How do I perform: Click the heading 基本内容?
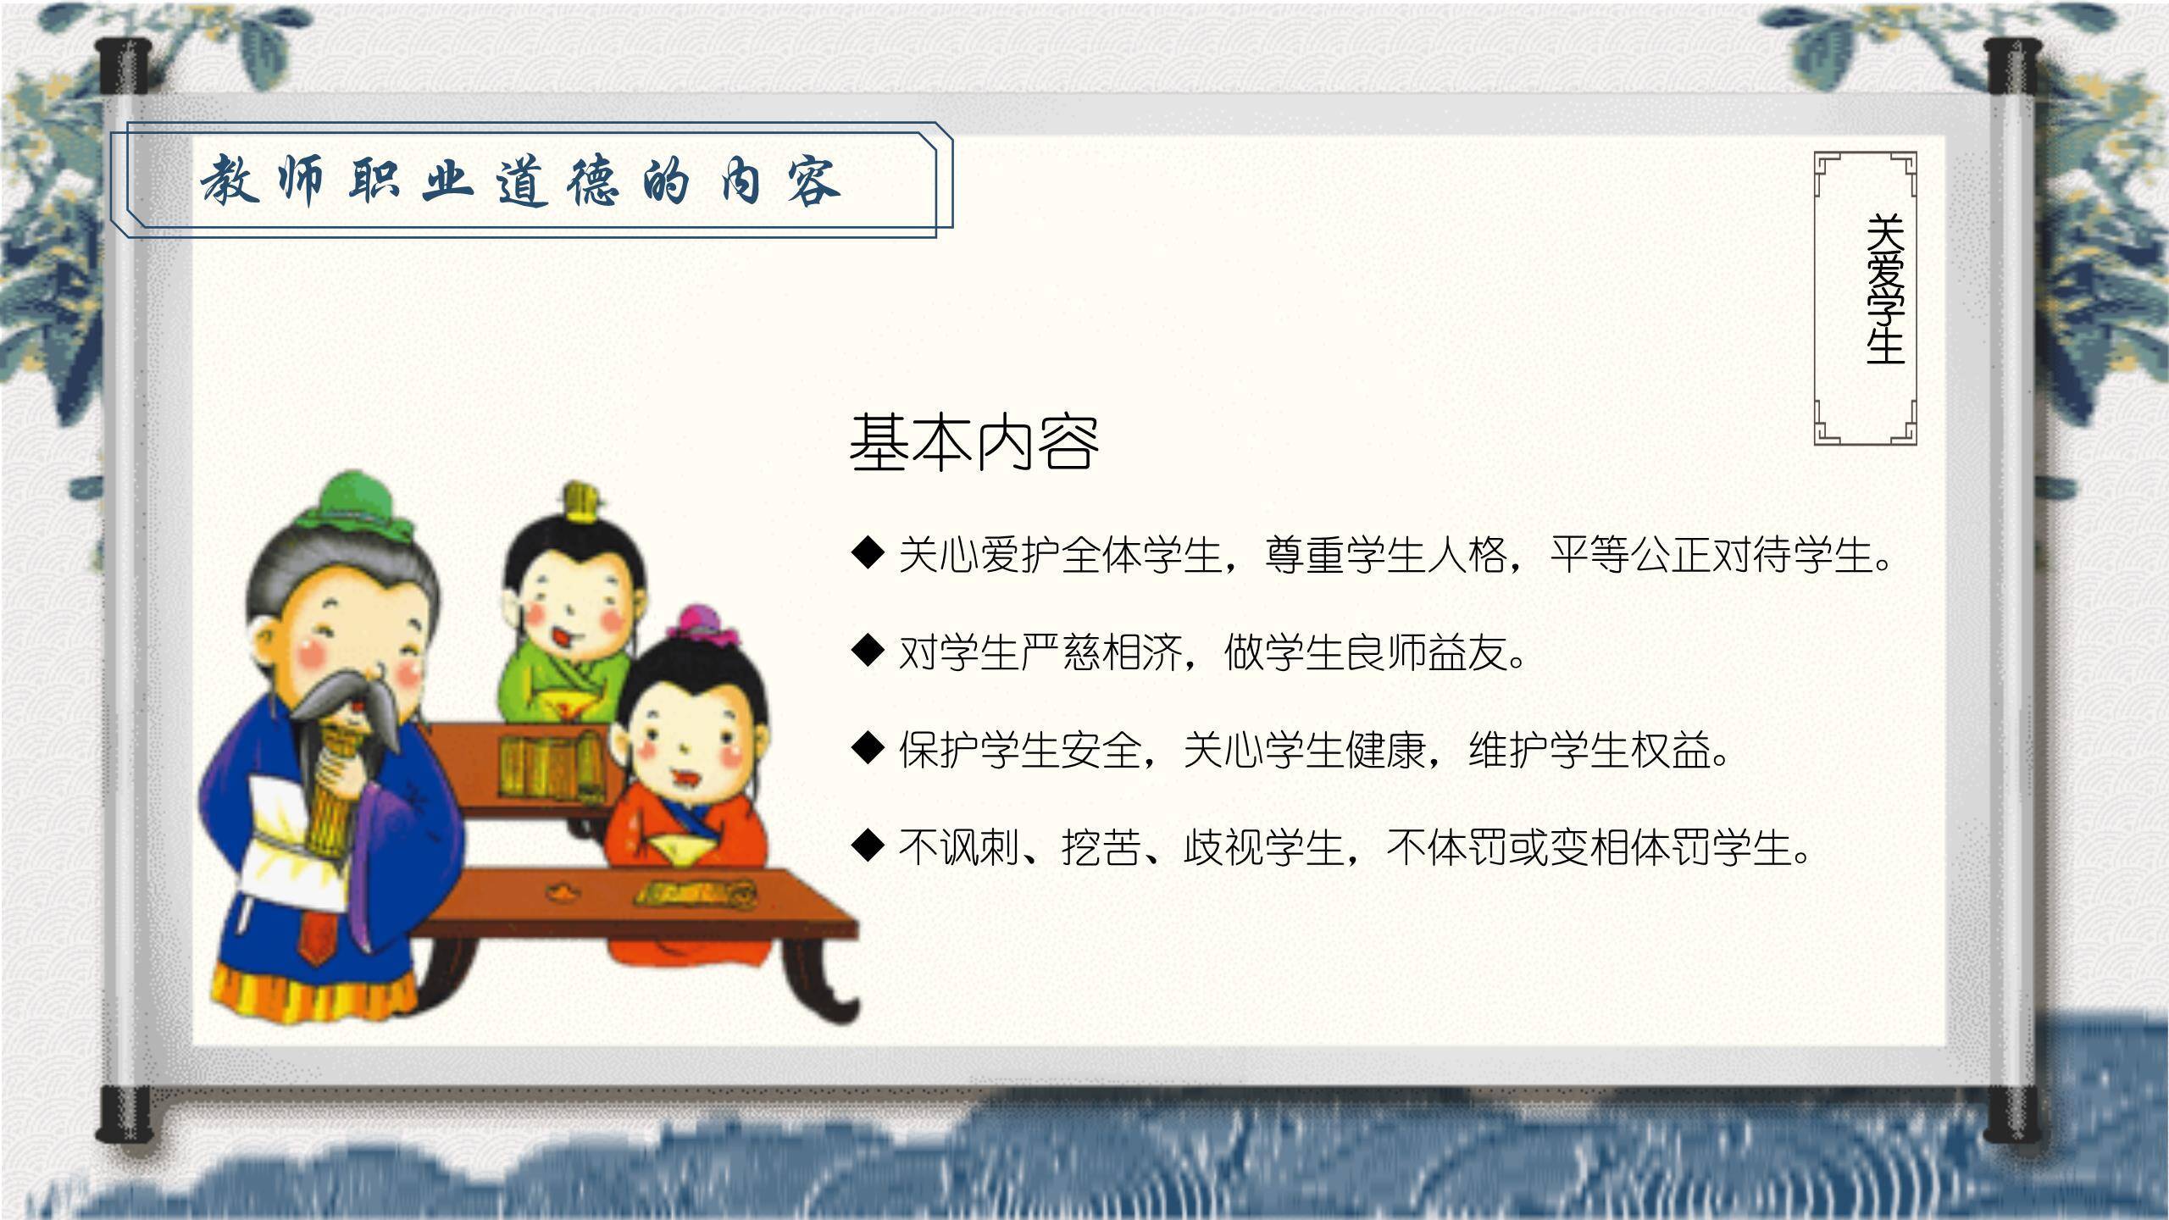pos(974,443)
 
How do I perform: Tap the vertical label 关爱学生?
pos(1885,290)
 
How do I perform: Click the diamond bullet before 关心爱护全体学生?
pos(868,553)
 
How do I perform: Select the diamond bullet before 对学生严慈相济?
pos(868,651)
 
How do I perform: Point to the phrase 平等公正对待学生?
pos(1711,555)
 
